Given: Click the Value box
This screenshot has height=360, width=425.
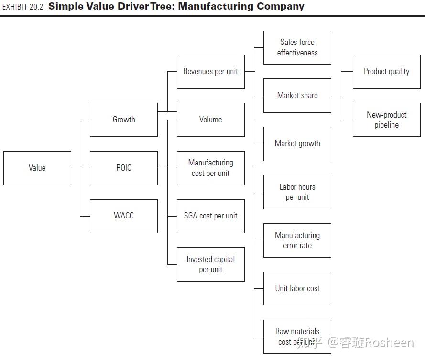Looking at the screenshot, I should click(x=37, y=168).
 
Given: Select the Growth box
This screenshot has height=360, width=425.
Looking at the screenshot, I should click(x=124, y=120).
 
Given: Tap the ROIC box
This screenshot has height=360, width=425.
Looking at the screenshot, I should click(x=124, y=168).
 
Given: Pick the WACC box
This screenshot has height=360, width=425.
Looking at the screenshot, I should click(x=124, y=216).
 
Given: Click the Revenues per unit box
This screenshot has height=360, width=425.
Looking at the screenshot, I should click(x=211, y=72).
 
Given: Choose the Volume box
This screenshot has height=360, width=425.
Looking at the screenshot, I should click(x=211, y=120).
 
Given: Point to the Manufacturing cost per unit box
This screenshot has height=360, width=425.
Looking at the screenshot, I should click(x=211, y=168).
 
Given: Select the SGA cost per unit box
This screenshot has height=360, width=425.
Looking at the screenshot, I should click(x=211, y=216).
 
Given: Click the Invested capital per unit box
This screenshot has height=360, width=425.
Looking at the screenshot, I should click(x=211, y=264).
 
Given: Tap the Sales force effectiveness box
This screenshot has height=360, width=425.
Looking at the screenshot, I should click(x=297, y=48).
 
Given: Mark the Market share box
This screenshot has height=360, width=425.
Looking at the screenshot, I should click(x=297, y=96).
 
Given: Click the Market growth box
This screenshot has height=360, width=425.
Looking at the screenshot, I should click(x=297, y=143).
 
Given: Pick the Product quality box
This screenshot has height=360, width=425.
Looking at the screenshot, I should click(x=387, y=72).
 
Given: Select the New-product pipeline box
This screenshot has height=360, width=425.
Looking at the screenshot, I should click(x=387, y=120).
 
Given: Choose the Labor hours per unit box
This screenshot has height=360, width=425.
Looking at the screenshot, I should click(x=297, y=192).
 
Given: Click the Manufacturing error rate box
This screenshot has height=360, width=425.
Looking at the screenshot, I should click(x=297, y=240).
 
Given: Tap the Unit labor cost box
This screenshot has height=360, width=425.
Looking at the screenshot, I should click(x=297, y=288).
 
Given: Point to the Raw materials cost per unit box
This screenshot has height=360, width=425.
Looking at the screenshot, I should click(x=297, y=337).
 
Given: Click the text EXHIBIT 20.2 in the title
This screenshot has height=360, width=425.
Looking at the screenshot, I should click(x=22, y=7).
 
